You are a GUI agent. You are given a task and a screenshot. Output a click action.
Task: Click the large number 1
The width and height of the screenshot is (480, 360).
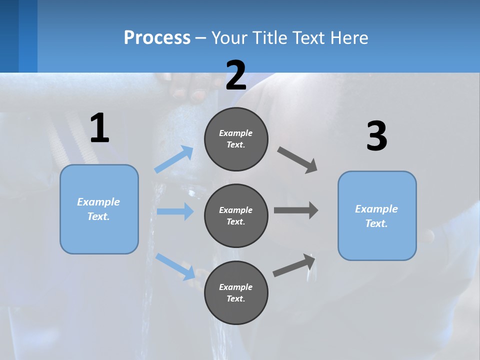pos(99,128)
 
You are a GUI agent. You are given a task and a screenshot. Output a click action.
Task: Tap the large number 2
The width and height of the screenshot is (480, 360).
pos(236,75)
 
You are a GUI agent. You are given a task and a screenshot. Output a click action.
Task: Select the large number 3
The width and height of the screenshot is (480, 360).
pos(376,136)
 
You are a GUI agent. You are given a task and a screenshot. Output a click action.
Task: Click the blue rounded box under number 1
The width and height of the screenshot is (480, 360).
pos(99,209)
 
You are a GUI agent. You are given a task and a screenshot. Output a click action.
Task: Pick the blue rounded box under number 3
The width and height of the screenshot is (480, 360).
pos(377,216)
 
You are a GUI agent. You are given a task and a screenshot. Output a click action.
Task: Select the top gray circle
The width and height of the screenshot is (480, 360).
pos(236,139)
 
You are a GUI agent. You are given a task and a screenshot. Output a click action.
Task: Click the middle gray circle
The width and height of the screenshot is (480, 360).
pos(236,215)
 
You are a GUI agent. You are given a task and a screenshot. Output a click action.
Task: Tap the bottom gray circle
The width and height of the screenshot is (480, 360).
pos(236,292)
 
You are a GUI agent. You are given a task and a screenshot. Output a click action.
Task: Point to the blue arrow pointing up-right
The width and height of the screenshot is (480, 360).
pos(174,159)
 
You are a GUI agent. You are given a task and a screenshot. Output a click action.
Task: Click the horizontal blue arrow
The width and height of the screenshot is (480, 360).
pos(175,211)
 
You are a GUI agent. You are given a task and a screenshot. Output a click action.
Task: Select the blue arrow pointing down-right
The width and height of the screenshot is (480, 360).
pos(175,266)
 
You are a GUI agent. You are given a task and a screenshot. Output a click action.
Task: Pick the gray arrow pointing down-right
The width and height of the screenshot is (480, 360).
pos(297,160)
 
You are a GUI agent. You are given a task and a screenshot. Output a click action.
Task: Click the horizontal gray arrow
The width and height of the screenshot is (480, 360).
pos(295,210)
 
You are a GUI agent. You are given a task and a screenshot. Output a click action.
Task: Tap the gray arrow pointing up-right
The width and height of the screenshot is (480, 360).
pos(294,265)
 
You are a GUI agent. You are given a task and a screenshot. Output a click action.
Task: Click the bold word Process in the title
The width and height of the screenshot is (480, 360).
pos(157,37)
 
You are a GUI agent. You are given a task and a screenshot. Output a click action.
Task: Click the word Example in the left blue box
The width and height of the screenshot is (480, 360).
pos(98,202)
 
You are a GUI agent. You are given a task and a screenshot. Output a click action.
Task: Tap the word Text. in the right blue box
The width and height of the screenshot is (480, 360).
pos(376,223)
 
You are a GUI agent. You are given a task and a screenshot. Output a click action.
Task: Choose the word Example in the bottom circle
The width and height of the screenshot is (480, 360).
pos(236,287)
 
